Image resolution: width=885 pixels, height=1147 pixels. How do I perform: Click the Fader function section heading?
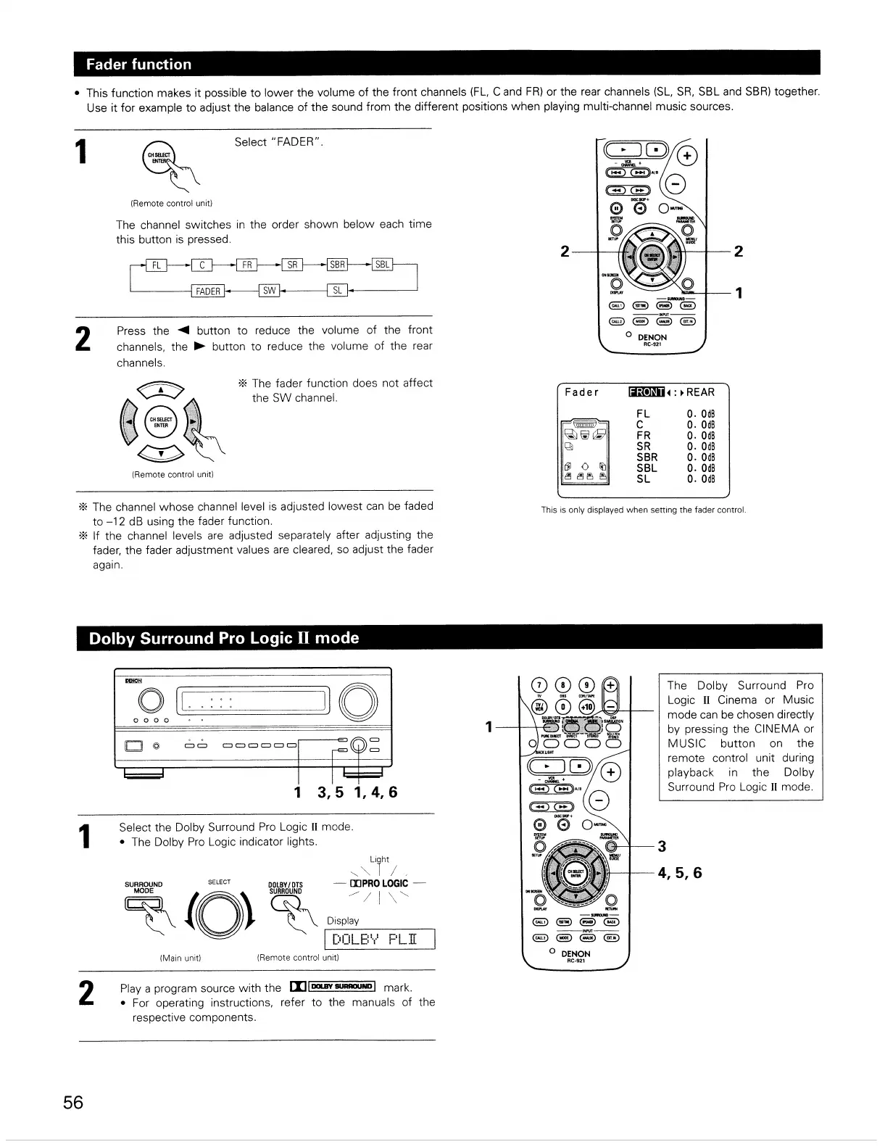tap(138, 64)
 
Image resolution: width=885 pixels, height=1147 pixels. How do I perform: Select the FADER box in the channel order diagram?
tap(208, 291)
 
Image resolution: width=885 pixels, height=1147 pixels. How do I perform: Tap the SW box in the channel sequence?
tap(270, 291)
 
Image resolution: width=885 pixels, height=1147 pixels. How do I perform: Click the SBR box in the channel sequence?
tap(337, 265)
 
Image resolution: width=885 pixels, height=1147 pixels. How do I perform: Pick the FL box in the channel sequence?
tap(156, 265)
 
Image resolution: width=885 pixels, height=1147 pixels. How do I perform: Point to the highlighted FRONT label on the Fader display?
tap(647, 392)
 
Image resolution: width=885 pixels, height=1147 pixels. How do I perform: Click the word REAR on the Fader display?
tap(700, 392)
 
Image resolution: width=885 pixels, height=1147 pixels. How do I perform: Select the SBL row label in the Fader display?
tap(647, 468)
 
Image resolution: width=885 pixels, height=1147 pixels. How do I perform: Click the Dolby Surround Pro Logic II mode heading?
tap(224, 638)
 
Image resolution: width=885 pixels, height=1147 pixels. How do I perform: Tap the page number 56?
tap(73, 1103)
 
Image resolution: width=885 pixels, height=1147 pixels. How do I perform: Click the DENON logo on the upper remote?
tap(652, 337)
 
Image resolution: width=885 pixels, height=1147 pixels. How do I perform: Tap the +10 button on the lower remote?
tap(587, 706)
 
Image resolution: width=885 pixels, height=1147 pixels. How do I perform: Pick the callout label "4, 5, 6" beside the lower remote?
tap(679, 873)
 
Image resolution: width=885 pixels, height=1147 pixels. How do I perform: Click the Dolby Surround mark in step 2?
tap(332, 987)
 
